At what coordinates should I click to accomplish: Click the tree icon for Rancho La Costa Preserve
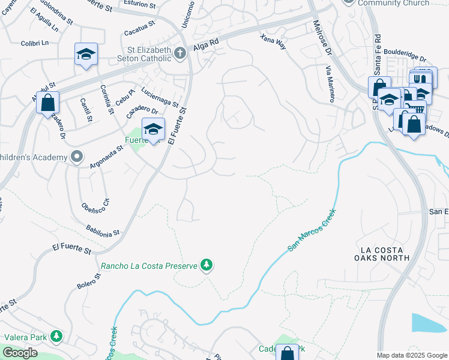[206, 265]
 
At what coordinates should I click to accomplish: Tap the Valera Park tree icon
[57, 337]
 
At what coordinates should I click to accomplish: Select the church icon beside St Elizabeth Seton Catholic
[179, 54]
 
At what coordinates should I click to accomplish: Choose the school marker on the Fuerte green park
[153, 129]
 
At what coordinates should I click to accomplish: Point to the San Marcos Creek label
[312, 230]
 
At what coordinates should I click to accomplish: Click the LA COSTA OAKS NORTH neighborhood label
[384, 253]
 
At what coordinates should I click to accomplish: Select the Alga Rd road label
[203, 47]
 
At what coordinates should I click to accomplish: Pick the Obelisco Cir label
[95, 206]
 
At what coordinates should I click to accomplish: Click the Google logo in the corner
[20, 353]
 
